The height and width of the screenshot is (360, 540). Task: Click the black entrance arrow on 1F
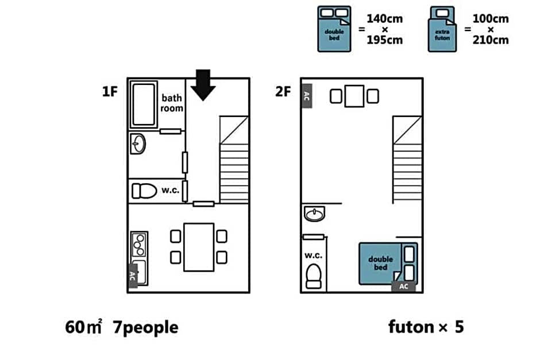(203, 85)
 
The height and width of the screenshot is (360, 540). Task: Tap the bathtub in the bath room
(144, 104)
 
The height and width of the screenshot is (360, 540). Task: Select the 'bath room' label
(172, 103)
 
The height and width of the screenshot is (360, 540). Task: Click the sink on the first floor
(138, 144)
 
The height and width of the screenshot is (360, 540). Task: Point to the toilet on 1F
(144, 191)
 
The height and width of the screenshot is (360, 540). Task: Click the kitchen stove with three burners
(140, 245)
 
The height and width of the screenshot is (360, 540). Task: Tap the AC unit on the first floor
(133, 276)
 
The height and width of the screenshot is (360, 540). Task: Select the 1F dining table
(199, 247)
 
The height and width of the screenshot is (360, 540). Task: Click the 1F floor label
(110, 91)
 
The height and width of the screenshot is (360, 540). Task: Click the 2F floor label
(283, 91)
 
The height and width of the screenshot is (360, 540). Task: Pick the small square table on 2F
(354, 96)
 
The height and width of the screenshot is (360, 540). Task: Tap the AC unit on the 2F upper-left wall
(307, 96)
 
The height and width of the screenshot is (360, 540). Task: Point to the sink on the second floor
(314, 214)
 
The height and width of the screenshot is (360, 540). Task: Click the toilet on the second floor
(314, 276)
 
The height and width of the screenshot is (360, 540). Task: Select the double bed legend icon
(334, 29)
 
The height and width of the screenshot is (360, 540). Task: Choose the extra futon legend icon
(442, 29)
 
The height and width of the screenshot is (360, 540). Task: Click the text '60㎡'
(83, 327)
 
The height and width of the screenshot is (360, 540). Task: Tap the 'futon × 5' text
(426, 327)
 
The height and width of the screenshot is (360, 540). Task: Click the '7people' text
(146, 328)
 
